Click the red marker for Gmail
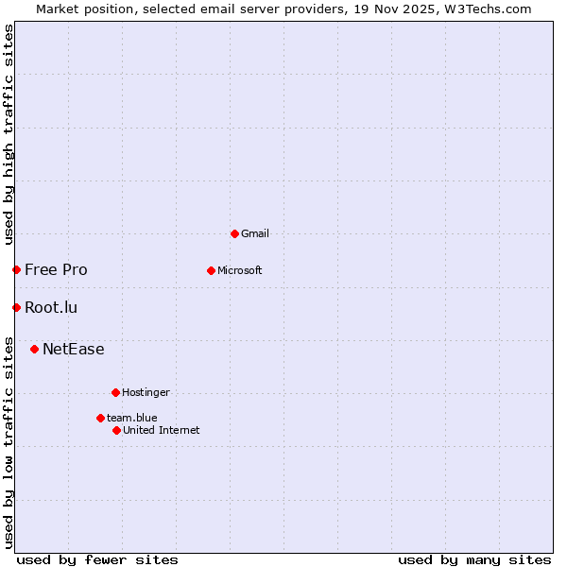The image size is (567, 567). point(234,233)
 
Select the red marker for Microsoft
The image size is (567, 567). point(211,270)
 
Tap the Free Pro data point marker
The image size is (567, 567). point(16,269)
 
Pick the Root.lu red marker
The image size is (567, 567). point(16,307)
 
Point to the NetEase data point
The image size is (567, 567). point(34,349)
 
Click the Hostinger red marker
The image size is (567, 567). point(115,392)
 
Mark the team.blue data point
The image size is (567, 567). point(100,418)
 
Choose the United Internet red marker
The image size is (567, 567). point(116,430)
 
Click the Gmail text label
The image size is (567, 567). point(255,233)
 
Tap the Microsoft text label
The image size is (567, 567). point(240,270)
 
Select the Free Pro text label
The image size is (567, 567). point(56,269)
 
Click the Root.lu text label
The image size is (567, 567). point(51,307)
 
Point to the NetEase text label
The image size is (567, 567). point(74,349)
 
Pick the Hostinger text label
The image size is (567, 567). point(146,392)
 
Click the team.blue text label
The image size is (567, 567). point(132,418)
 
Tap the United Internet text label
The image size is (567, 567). point(162,430)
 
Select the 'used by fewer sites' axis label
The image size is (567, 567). point(97,559)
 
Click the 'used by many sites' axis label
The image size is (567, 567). point(474,559)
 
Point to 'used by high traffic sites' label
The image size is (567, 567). point(9,134)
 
